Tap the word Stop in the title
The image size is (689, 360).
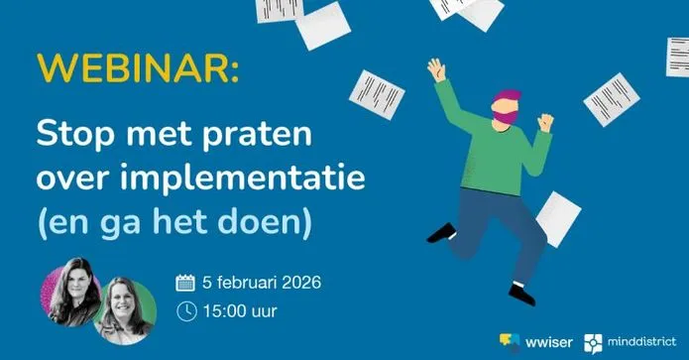point(75,134)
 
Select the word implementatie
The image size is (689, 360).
point(242,178)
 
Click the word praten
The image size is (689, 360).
point(258,134)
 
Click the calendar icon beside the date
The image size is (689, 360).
point(185,283)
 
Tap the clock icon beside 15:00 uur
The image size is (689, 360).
point(186,311)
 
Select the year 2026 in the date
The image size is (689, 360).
point(301,283)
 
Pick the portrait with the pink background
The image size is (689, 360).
point(70,292)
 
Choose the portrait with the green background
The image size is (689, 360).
point(126,310)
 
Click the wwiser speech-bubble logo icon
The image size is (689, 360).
point(510,341)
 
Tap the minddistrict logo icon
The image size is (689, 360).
point(593,343)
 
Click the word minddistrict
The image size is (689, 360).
point(642,341)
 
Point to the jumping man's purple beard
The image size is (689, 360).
point(506,117)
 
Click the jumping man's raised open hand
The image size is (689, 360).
point(437,70)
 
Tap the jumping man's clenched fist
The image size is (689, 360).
point(545,122)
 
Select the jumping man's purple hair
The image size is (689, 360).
point(508,95)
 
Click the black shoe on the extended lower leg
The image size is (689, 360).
point(522,295)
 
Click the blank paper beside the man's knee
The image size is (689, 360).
point(558,219)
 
